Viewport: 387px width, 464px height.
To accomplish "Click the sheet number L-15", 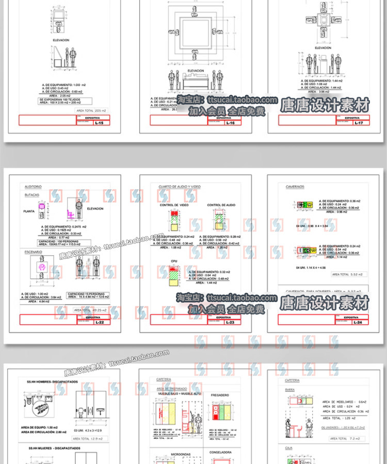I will coord(100,123).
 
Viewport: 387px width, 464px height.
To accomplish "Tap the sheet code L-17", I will coord(359,123).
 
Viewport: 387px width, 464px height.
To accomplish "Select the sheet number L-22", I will coord(100,322).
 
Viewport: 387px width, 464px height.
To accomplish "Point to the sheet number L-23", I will coord(230,322).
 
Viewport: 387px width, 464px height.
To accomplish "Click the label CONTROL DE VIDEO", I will coord(174,205).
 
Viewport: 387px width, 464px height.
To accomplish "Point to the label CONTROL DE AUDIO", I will coord(221,205).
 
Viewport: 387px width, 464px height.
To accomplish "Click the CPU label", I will coord(174,261).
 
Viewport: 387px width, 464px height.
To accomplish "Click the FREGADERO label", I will coord(220,395).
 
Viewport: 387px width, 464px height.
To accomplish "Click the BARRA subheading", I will coord(290,390).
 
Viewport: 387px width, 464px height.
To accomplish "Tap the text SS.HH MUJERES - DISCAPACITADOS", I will coord(54,448).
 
